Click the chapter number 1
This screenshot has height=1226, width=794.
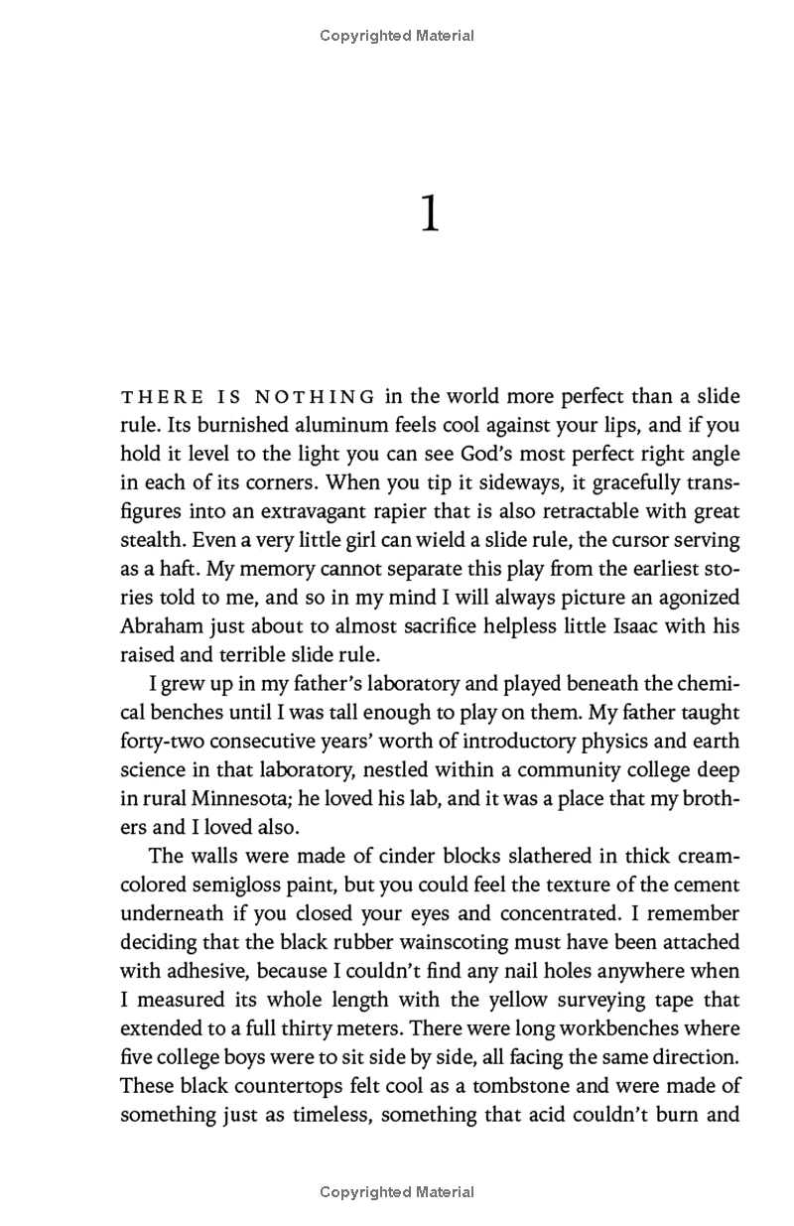pyautogui.click(x=429, y=214)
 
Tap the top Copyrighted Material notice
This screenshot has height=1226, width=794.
pyautogui.click(x=397, y=36)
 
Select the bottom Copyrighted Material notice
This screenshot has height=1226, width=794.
pyautogui.click(x=397, y=1191)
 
